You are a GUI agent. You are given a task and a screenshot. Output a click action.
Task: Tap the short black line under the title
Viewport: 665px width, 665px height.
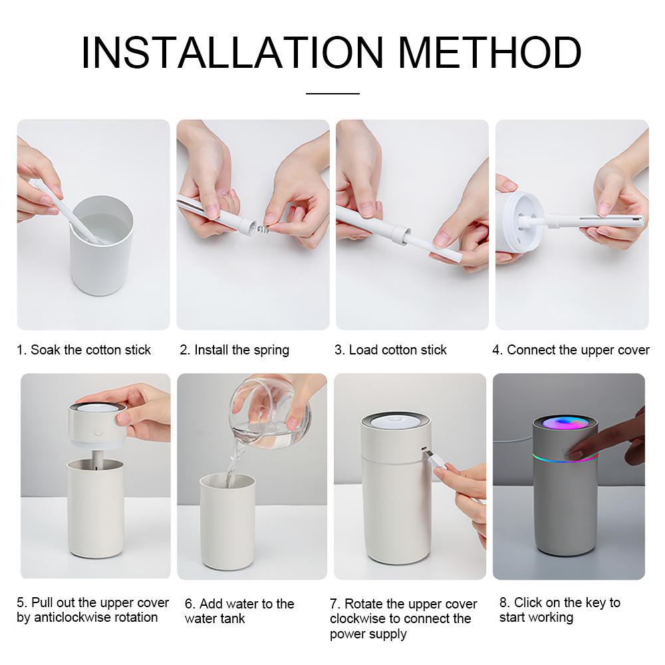(x=332, y=94)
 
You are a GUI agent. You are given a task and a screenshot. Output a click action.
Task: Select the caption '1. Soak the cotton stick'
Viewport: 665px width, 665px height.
(x=84, y=350)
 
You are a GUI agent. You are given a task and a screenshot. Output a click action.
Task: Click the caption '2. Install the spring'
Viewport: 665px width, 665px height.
(x=234, y=350)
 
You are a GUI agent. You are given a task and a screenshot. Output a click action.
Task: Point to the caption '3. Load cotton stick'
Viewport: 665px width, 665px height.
(x=390, y=350)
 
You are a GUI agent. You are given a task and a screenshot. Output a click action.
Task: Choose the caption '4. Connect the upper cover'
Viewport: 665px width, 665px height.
(x=571, y=350)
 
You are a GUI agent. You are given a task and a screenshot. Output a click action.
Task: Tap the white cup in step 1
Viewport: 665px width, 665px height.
(x=102, y=253)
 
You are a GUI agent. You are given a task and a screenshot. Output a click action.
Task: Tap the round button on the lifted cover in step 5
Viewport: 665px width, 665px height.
(x=98, y=430)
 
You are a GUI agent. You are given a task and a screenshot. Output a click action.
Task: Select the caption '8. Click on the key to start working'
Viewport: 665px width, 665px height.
(x=559, y=610)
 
